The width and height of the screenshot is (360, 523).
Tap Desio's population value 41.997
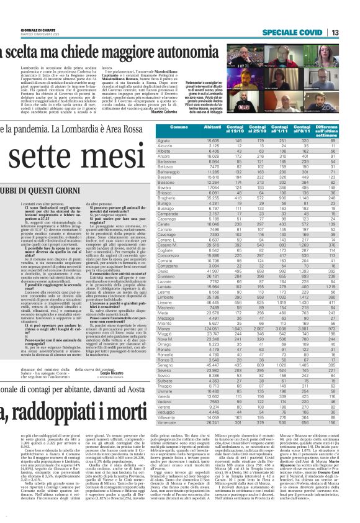(x=214, y=255)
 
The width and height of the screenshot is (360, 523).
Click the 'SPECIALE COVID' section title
(x=290, y=32)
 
